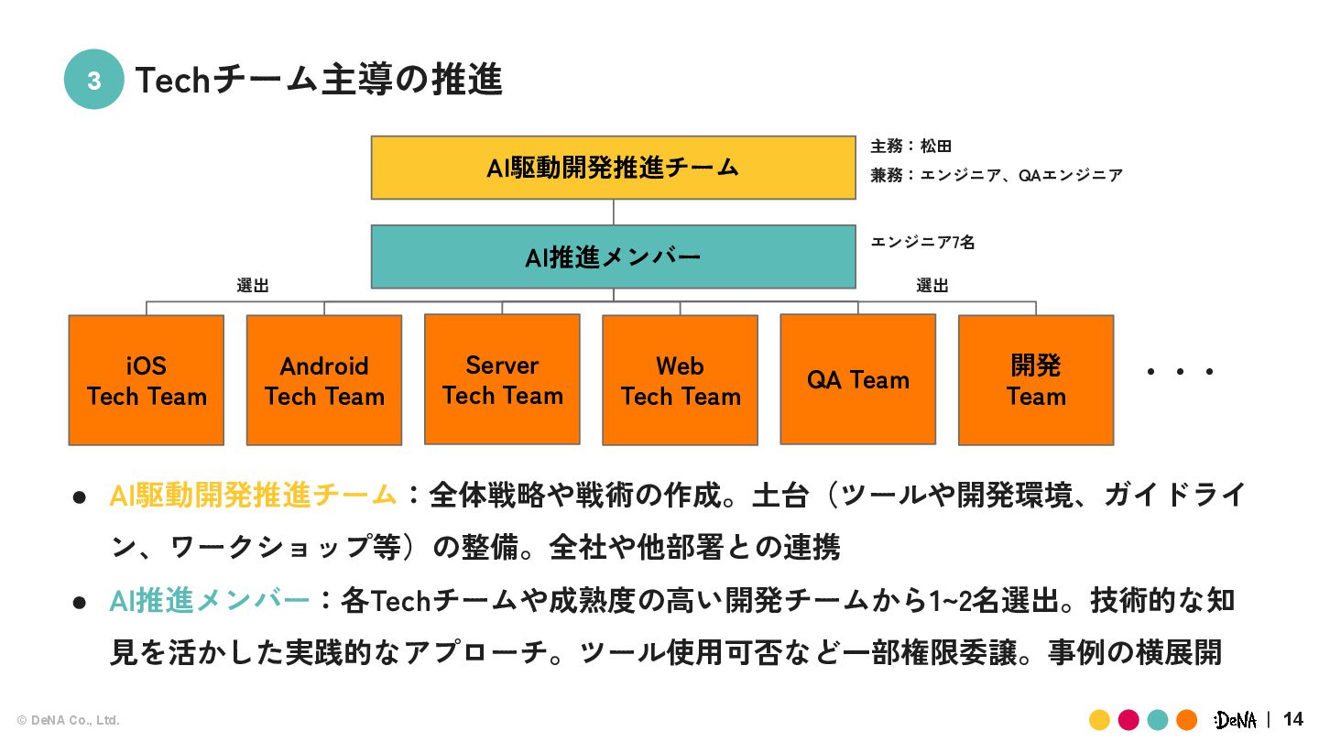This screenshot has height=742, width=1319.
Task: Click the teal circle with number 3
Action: [93, 80]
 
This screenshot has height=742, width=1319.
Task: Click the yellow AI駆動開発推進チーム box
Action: [613, 168]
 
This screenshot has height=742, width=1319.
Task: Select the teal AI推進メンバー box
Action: [613, 257]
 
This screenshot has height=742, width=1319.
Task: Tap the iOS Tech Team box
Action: [147, 380]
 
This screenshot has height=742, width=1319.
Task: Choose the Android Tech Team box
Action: [324, 380]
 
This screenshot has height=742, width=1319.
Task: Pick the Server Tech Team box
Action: [502, 379]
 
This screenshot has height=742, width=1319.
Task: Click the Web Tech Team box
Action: [680, 380]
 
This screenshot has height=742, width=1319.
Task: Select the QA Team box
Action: [857, 379]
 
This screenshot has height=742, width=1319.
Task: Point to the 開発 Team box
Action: [1036, 380]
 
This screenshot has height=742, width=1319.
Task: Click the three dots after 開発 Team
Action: [1181, 372]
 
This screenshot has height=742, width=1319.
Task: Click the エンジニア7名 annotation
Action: [922, 243]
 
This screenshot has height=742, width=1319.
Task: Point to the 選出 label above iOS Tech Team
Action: [253, 286]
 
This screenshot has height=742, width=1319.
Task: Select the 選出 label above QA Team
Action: [932, 286]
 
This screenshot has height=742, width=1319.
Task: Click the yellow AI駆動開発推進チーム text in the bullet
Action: [253, 496]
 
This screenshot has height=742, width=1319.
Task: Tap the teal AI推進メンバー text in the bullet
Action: [210, 601]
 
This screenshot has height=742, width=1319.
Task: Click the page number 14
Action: [1292, 719]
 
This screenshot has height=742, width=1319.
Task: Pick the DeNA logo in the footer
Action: [1236, 720]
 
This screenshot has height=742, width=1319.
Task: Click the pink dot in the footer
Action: [1128, 720]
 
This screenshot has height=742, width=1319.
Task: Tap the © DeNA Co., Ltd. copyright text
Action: [69, 721]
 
